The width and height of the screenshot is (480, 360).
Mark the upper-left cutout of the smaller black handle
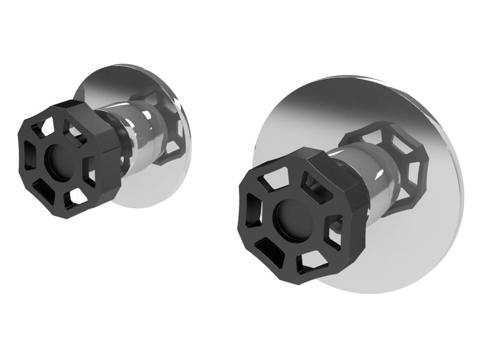pyautogui.click(x=46, y=126)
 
